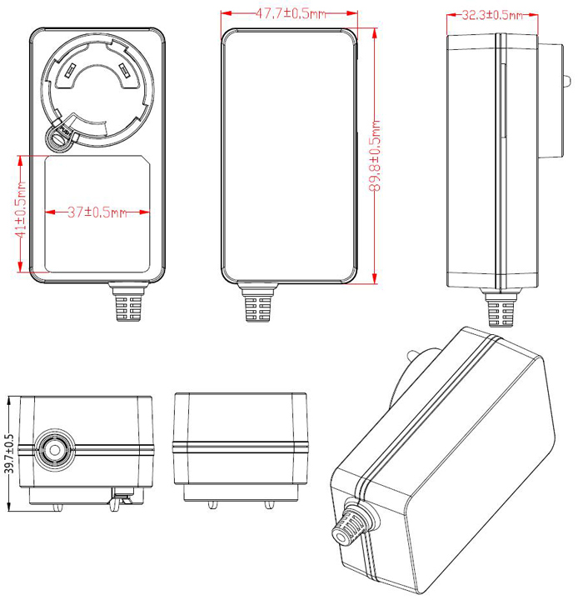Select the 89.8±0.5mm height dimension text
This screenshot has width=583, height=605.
pyautogui.click(x=376, y=157)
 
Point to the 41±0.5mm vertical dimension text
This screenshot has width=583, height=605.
pyautogui.click(x=21, y=212)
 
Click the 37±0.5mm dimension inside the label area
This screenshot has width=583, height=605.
pyautogui.click(x=96, y=212)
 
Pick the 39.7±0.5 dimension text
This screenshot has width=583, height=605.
pyautogui.click(x=10, y=453)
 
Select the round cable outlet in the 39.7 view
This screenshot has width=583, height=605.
pyautogui.click(x=51, y=451)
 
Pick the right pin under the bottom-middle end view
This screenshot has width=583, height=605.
pyautogui.click(x=268, y=504)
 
